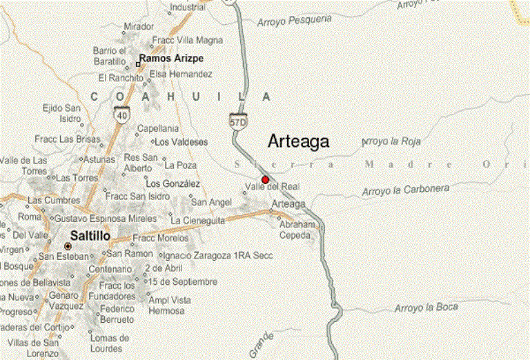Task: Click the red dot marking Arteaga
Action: click(x=266, y=179)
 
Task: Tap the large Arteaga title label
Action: click(x=298, y=142)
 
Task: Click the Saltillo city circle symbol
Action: click(x=68, y=246)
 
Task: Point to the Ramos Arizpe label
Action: click(x=172, y=59)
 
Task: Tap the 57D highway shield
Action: click(x=239, y=121)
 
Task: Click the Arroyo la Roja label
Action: click(x=391, y=142)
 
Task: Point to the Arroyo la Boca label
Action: click(x=426, y=307)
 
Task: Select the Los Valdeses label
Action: click(x=181, y=142)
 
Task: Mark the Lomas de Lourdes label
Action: click(x=110, y=342)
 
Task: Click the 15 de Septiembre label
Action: click(x=183, y=281)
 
